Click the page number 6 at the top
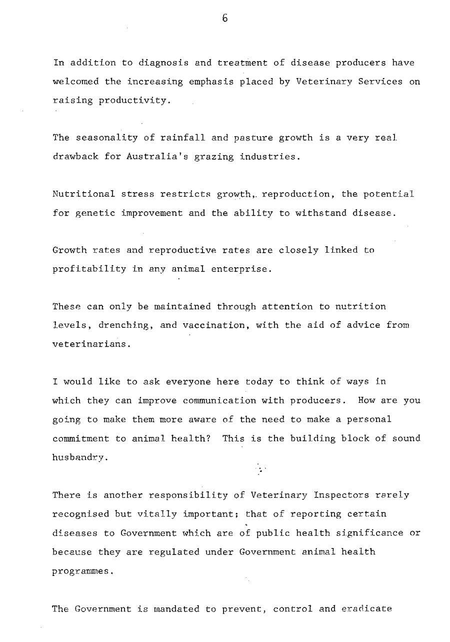click(225, 19)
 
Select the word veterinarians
click(85, 344)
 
